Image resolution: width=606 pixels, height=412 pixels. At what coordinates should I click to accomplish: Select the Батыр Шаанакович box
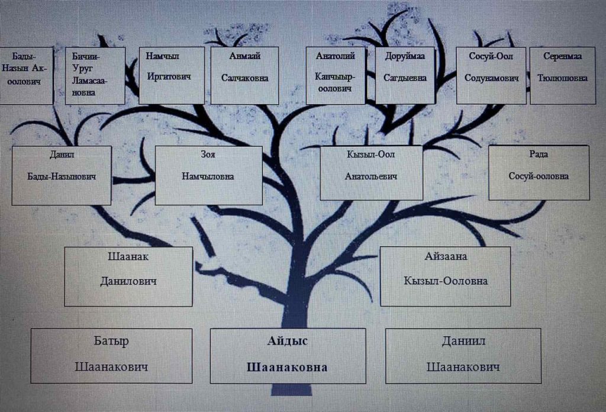pos(111,355)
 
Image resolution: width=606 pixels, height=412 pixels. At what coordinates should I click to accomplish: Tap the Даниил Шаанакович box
pos(463,355)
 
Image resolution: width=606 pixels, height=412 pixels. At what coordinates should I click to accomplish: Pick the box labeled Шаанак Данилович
pos(128,276)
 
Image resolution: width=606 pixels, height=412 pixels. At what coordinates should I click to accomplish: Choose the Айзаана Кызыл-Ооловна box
pos(445,276)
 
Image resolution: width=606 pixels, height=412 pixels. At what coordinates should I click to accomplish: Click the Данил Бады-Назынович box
pos(62,175)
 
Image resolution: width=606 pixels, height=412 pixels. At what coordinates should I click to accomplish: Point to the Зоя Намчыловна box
pos(208,175)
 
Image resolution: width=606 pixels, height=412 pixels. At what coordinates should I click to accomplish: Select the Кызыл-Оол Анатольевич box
pos(371,173)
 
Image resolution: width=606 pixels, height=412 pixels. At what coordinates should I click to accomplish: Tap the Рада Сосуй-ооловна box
pos(539,173)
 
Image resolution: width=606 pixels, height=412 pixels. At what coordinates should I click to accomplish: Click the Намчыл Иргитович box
pos(172,75)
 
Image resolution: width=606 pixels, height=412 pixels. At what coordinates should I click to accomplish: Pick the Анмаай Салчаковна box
pos(245,75)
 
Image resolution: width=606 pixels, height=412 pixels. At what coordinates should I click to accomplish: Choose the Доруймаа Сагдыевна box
pos(405,75)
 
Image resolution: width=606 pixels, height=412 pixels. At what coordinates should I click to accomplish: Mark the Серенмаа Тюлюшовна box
pos(562,75)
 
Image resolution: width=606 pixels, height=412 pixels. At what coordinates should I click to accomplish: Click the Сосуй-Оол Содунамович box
pos(491,75)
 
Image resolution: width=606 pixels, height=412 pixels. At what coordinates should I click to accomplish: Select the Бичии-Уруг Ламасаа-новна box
pos(95,75)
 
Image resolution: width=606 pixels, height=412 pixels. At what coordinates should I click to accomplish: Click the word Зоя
pos(208,154)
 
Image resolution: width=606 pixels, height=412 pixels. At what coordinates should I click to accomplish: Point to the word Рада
pos(538,154)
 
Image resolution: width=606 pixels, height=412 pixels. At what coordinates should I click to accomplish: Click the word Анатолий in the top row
pos(335,56)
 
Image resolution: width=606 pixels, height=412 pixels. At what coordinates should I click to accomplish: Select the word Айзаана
pos(446,257)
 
